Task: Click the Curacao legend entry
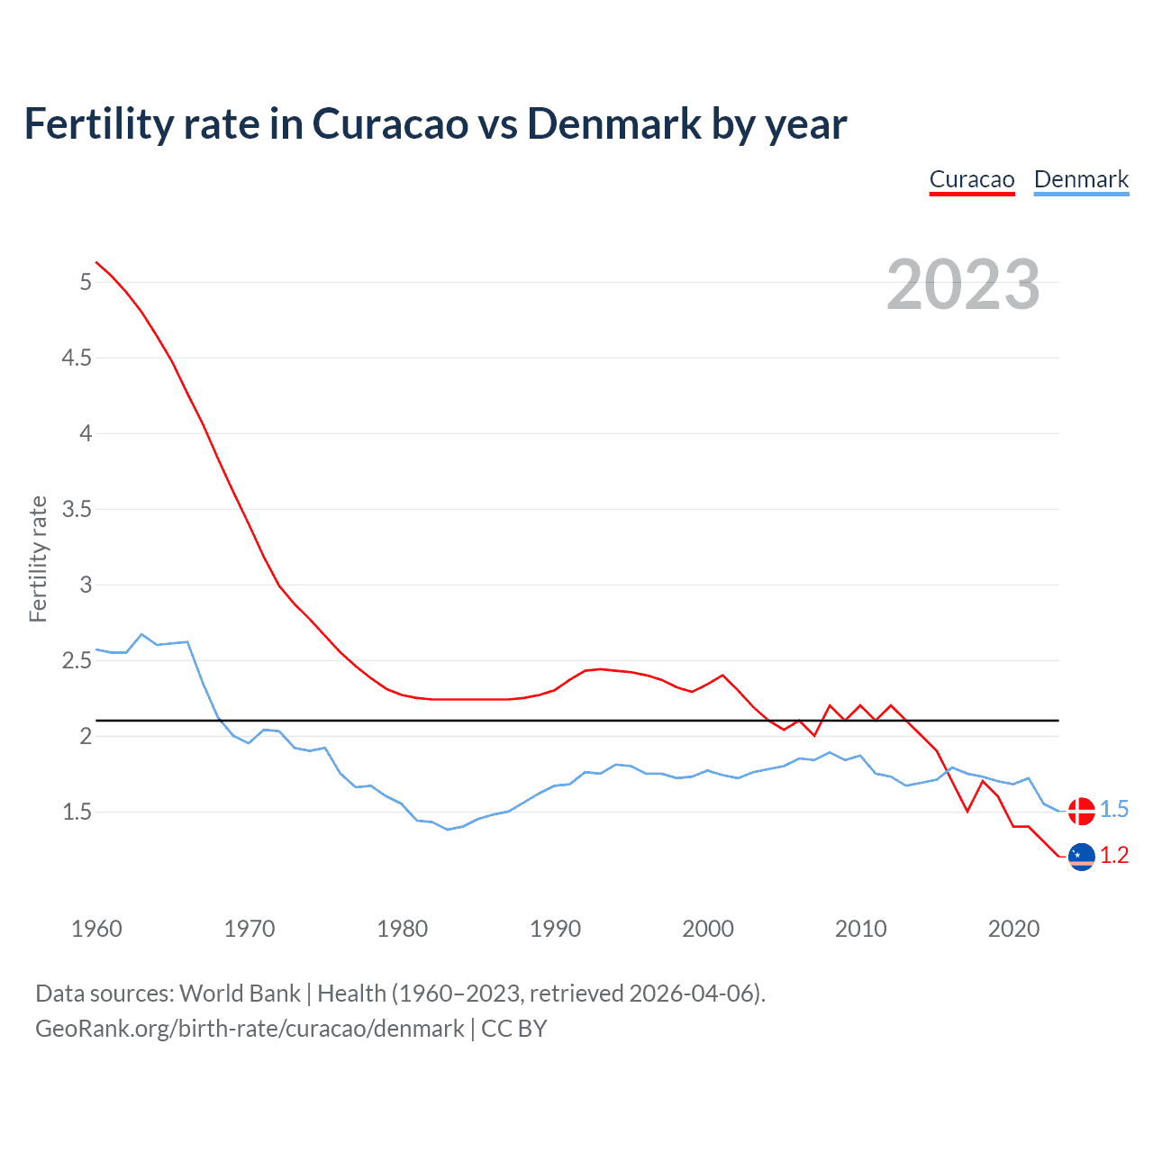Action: tap(972, 179)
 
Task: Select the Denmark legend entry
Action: tap(1081, 179)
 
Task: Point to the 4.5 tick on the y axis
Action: tap(77, 359)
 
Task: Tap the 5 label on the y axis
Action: tap(86, 283)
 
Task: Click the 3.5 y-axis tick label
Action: tap(77, 510)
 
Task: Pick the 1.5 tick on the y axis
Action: tap(77, 813)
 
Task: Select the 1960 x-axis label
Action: tap(96, 929)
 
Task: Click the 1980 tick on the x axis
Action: tap(403, 929)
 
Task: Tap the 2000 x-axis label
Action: tap(708, 929)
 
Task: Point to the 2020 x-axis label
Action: tap(1013, 929)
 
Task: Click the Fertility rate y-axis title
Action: tap(38, 558)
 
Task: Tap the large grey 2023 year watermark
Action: tap(963, 286)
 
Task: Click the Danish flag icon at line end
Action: tap(1081, 811)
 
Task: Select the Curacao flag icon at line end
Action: tap(1081, 857)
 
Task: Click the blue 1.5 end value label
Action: tap(1114, 810)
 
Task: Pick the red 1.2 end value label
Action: tap(1114, 856)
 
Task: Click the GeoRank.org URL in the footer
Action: tap(250, 1029)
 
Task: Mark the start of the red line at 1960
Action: tap(96, 262)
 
